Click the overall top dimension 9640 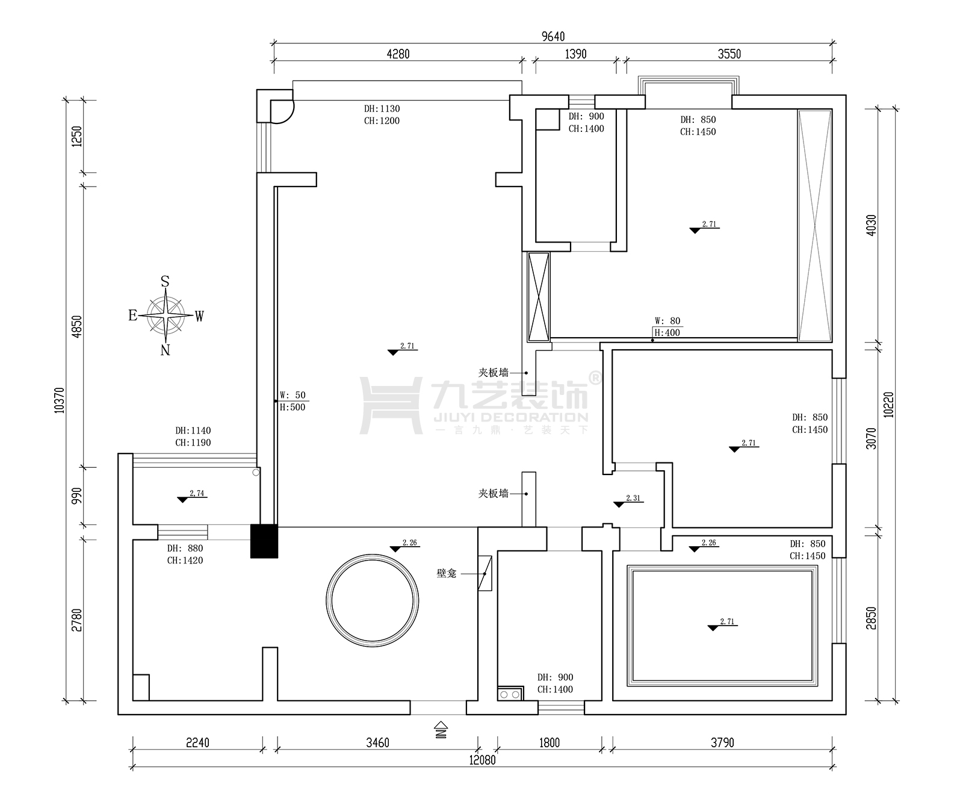coord(553,37)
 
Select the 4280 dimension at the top coord(398,54)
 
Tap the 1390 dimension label coord(575,54)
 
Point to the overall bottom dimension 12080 coord(483,760)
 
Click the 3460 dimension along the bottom coord(377,742)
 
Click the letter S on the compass coord(165,282)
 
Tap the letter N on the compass coord(166,350)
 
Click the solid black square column coord(264,541)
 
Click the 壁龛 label coord(447,574)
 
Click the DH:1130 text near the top coord(382,109)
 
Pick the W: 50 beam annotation coord(293,396)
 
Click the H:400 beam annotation coord(667,333)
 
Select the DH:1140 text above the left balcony coord(193,431)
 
